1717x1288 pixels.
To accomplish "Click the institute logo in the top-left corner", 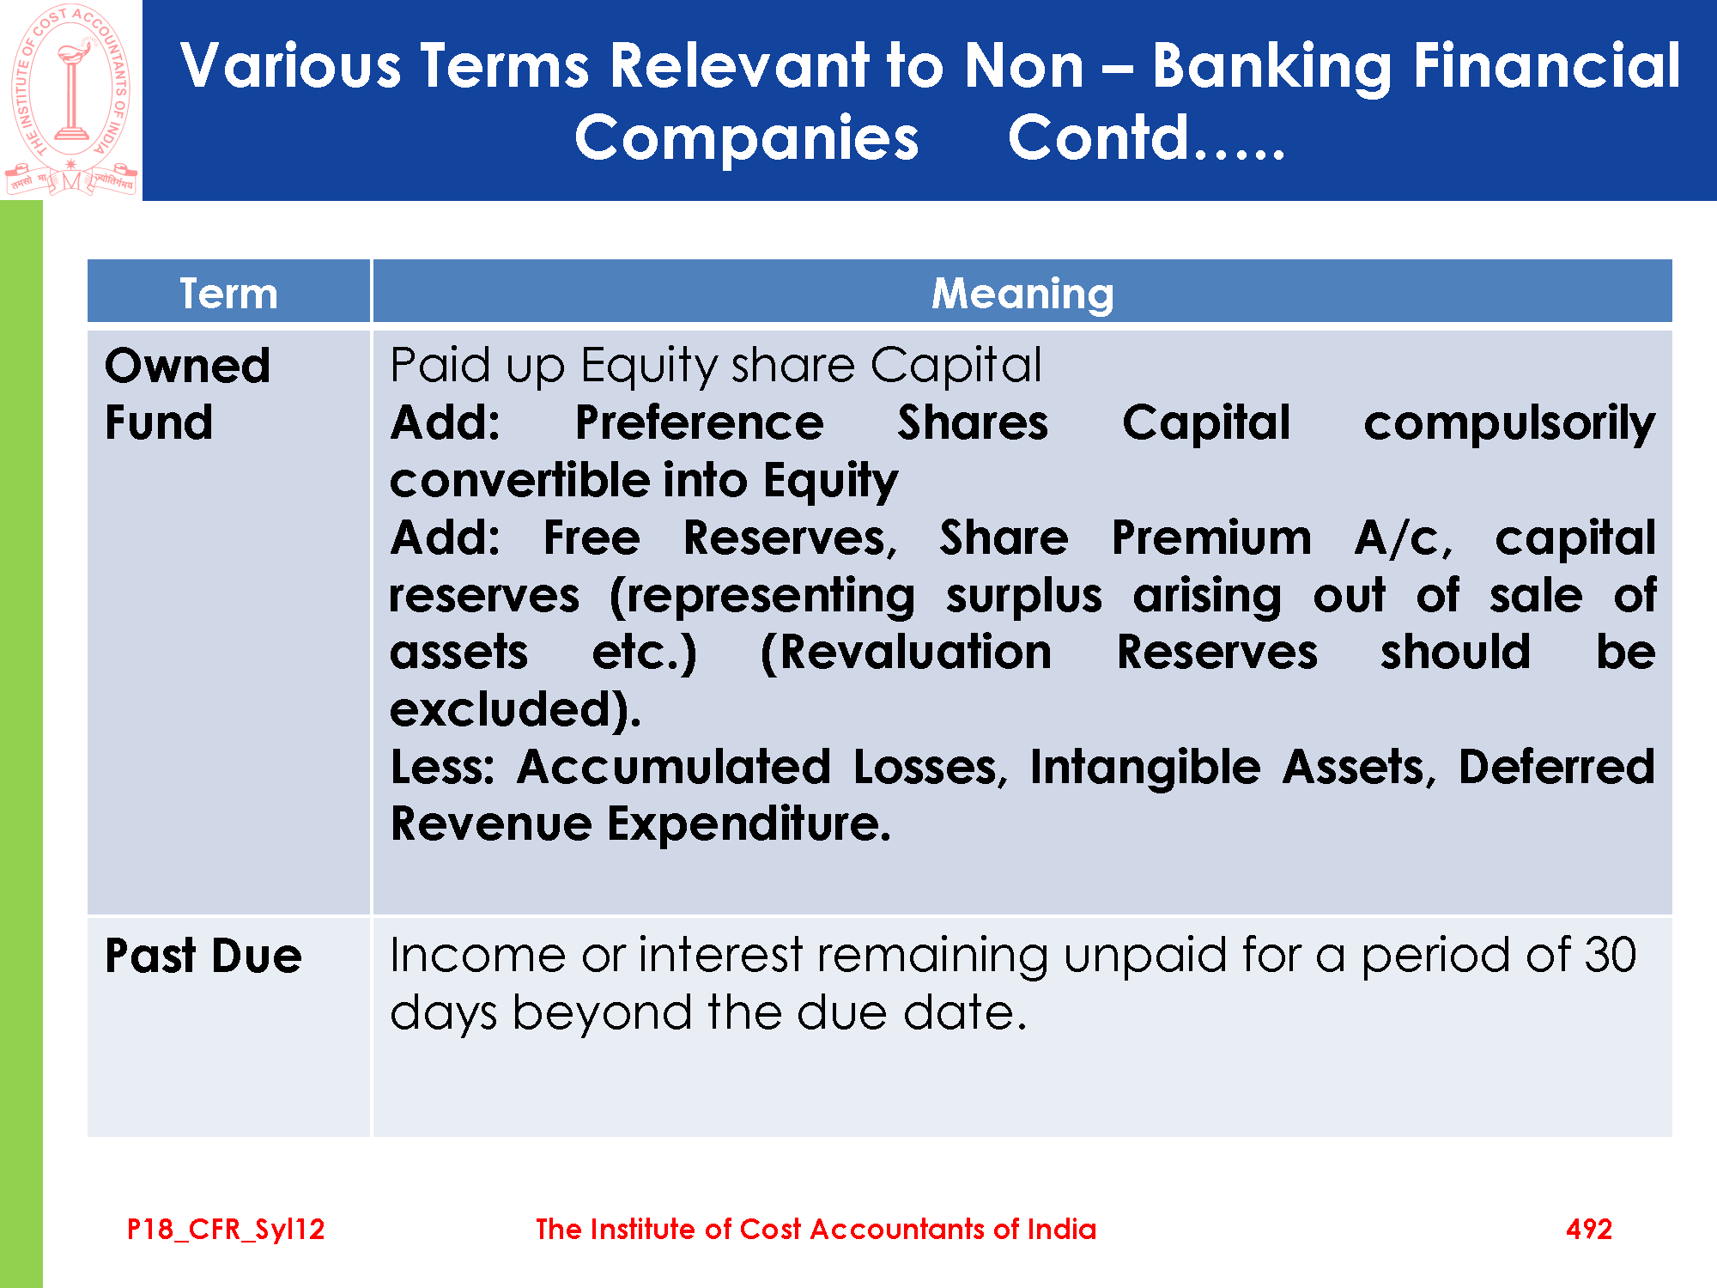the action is (x=71, y=100).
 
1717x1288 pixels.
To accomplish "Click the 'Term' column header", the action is (x=228, y=294).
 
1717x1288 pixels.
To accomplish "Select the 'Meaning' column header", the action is (x=1022, y=295).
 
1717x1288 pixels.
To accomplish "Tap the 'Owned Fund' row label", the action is (x=187, y=394).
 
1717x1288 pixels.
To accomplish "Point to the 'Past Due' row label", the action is (x=203, y=956).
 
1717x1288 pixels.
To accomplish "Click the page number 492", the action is (x=1589, y=1229).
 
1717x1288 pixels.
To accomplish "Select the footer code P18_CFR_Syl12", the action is (x=226, y=1230).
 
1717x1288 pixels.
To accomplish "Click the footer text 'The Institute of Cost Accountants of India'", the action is (x=816, y=1229).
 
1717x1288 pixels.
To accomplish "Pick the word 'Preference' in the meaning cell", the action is (x=700, y=422).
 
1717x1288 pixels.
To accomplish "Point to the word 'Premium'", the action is (x=1211, y=538).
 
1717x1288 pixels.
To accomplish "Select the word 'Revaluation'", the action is (x=906, y=653).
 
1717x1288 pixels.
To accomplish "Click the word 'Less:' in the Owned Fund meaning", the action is (x=443, y=767).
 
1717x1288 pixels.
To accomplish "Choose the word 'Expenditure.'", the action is (x=749, y=825).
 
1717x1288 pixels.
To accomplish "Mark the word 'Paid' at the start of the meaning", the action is (x=440, y=365).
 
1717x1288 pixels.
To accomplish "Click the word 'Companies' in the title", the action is (x=747, y=140).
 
